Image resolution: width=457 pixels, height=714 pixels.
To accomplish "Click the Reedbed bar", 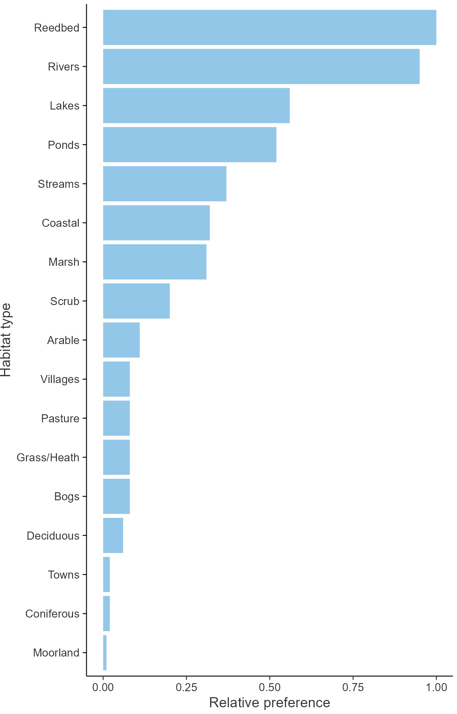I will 269,27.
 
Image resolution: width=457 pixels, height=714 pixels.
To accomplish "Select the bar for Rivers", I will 261,67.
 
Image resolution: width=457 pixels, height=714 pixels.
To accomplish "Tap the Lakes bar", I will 196,106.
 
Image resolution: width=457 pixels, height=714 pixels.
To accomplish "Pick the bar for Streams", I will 165,184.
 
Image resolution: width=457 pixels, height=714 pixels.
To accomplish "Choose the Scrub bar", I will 136,301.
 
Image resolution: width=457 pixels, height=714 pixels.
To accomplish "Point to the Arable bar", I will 121,340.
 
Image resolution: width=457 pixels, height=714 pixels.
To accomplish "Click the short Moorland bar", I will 105,653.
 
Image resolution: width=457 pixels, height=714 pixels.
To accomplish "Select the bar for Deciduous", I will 113,535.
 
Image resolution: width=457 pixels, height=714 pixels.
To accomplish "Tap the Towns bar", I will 106,575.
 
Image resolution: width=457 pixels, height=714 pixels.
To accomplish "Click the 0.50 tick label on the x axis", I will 270,687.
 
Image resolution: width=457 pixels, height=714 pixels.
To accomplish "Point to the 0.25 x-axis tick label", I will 186,687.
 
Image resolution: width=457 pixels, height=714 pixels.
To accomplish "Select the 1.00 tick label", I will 436,687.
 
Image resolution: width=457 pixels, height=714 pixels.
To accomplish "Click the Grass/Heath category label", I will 48,457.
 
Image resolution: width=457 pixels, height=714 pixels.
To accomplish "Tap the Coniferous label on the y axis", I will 52,614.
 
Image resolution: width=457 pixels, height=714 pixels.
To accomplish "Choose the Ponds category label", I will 63,145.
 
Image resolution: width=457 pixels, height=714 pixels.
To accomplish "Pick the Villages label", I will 60,379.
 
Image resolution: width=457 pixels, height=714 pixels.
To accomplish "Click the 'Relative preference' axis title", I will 270,703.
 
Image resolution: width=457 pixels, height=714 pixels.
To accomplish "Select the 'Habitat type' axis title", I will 6,340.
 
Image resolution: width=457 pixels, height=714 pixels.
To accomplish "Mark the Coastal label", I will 60,223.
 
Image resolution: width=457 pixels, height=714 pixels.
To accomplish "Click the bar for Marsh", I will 154,262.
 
